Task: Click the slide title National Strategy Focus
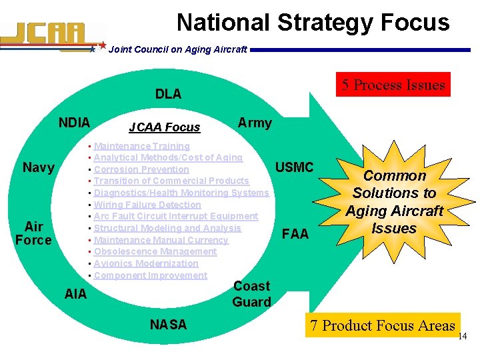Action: (313, 23)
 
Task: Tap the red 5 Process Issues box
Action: (393, 85)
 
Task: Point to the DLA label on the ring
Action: (168, 94)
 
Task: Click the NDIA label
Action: (74, 123)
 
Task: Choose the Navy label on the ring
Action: (39, 167)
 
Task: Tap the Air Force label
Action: (33, 233)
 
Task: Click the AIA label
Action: (75, 293)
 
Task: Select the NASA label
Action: (169, 325)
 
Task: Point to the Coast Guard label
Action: (251, 294)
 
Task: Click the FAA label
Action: (295, 234)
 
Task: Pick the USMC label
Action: (294, 167)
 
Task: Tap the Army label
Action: (255, 123)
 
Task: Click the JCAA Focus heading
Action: (165, 127)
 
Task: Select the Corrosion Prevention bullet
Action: (141, 169)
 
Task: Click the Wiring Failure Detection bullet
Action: (147, 205)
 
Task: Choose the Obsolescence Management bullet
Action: (155, 251)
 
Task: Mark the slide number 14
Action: (463, 337)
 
